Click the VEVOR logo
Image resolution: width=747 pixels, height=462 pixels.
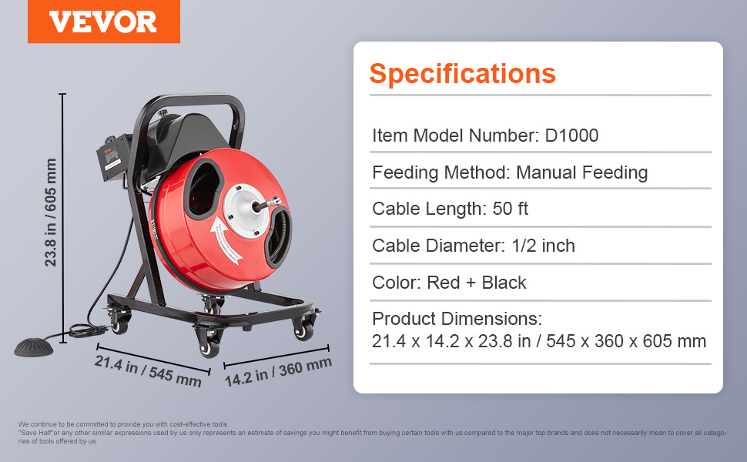(x=103, y=22)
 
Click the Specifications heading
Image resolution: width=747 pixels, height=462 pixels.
(x=463, y=74)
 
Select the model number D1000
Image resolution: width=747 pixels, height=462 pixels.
(x=571, y=136)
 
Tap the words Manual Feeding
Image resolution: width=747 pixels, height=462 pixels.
(x=581, y=172)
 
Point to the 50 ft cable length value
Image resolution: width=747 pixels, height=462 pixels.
(x=511, y=209)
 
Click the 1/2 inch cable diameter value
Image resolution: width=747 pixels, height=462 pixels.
(x=543, y=246)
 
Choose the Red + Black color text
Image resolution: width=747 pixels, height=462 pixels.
(x=477, y=283)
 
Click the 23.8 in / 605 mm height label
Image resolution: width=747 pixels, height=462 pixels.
(x=51, y=213)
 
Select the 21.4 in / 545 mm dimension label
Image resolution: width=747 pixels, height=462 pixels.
(x=148, y=371)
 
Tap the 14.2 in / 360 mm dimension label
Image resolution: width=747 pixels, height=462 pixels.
(x=278, y=371)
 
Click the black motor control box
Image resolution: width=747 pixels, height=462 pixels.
(x=113, y=158)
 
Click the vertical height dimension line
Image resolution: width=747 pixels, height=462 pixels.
(x=63, y=218)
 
